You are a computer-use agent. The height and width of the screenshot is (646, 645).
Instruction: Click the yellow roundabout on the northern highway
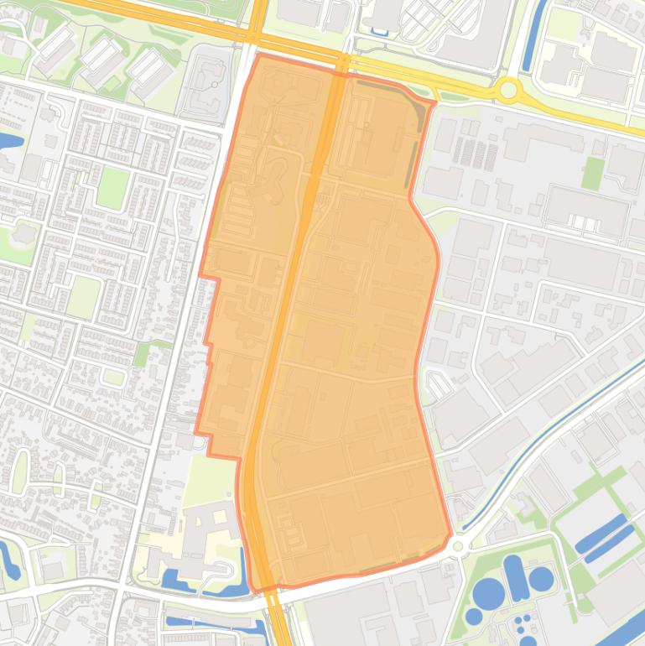[x=508, y=89]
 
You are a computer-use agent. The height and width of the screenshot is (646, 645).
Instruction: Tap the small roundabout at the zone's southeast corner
[x=458, y=546]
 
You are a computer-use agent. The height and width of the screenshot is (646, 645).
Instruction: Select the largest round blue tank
[x=488, y=593]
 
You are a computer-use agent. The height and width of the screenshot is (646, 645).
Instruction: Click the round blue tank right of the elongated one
[x=541, y=578]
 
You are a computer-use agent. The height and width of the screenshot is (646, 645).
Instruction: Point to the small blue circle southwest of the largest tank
[x=474, y=617]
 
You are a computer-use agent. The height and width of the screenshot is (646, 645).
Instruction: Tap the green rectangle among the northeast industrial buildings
[x=593, y=173]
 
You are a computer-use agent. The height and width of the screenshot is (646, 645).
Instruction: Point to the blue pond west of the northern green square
[x=10, y=140]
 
